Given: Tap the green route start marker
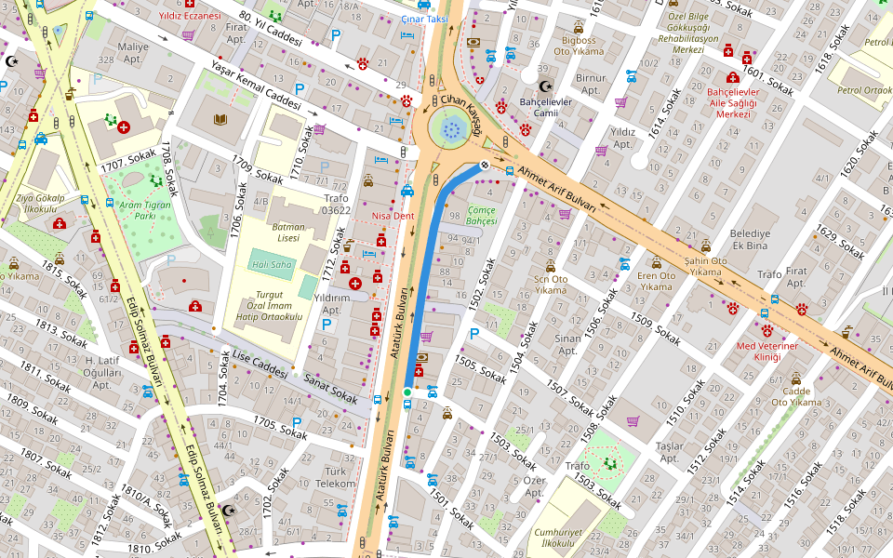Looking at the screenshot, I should [407, 392].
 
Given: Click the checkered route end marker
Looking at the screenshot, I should [485, 165].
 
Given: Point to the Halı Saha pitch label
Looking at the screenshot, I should [271, 265].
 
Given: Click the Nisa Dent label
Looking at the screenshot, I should [393, 216].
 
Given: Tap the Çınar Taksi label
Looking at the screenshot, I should [424, 19].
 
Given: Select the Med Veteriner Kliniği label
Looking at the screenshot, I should [766, 352].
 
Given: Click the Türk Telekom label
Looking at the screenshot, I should [336, 478].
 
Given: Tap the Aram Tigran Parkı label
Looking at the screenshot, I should [131, 210].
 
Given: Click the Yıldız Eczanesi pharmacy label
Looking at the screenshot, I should [189, 16].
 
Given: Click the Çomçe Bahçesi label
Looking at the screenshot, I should [482, 216].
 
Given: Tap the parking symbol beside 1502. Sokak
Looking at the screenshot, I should [474, 334].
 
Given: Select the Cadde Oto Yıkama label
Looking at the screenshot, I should [796, 396].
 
